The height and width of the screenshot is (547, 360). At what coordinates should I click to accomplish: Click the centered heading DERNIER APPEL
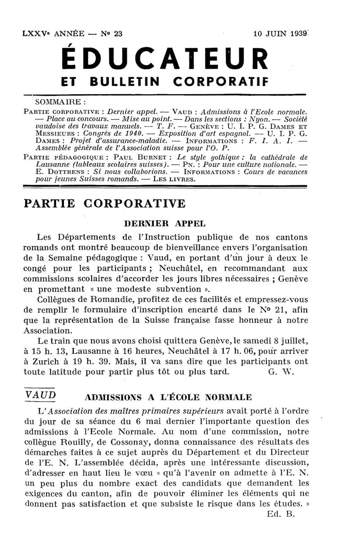coord(164,223)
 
